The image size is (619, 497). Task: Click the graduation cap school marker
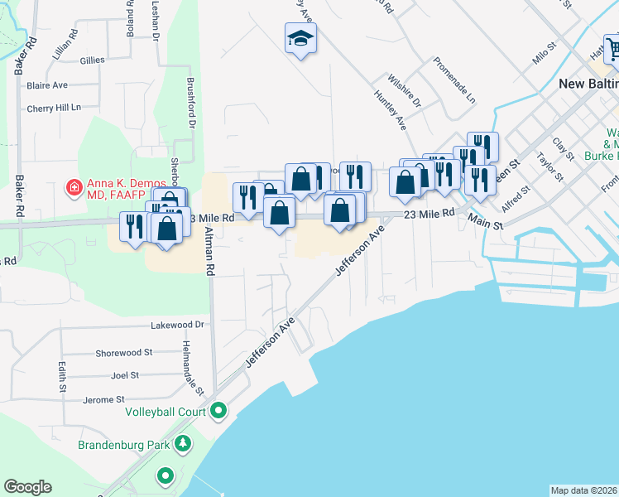pos(301,37)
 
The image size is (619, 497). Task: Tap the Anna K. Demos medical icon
pos(74,188)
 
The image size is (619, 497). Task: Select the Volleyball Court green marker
pos(218,410)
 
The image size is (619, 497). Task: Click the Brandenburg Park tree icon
pos(182,445)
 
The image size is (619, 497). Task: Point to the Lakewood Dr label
pos(176,326)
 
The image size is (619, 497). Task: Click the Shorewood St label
pos(124,352)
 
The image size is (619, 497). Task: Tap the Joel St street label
pos(125,374)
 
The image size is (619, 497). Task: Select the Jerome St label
pos(103,400)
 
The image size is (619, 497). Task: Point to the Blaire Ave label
pos(47,85)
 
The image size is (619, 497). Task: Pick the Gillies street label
pos(92,60)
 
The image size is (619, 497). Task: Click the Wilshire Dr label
pos(405,91)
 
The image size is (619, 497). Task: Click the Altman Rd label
pos(210,251)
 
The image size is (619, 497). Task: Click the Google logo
pos(27,487)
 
